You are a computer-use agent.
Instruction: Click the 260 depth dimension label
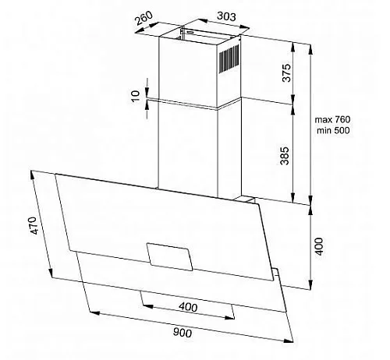point(144,17)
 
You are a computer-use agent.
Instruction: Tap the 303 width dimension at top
point(226,16)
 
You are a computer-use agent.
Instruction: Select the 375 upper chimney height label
point(286,72)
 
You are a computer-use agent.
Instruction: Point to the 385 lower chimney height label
point(285,156)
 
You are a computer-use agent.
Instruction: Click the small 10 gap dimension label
point(136,96)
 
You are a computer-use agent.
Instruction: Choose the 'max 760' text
point(332,120)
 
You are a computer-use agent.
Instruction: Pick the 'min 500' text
point(333,130)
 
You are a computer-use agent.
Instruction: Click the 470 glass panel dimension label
point(34,225)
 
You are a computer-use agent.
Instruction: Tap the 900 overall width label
point(183,333)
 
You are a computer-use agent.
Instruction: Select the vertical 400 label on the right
point(319,246)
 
